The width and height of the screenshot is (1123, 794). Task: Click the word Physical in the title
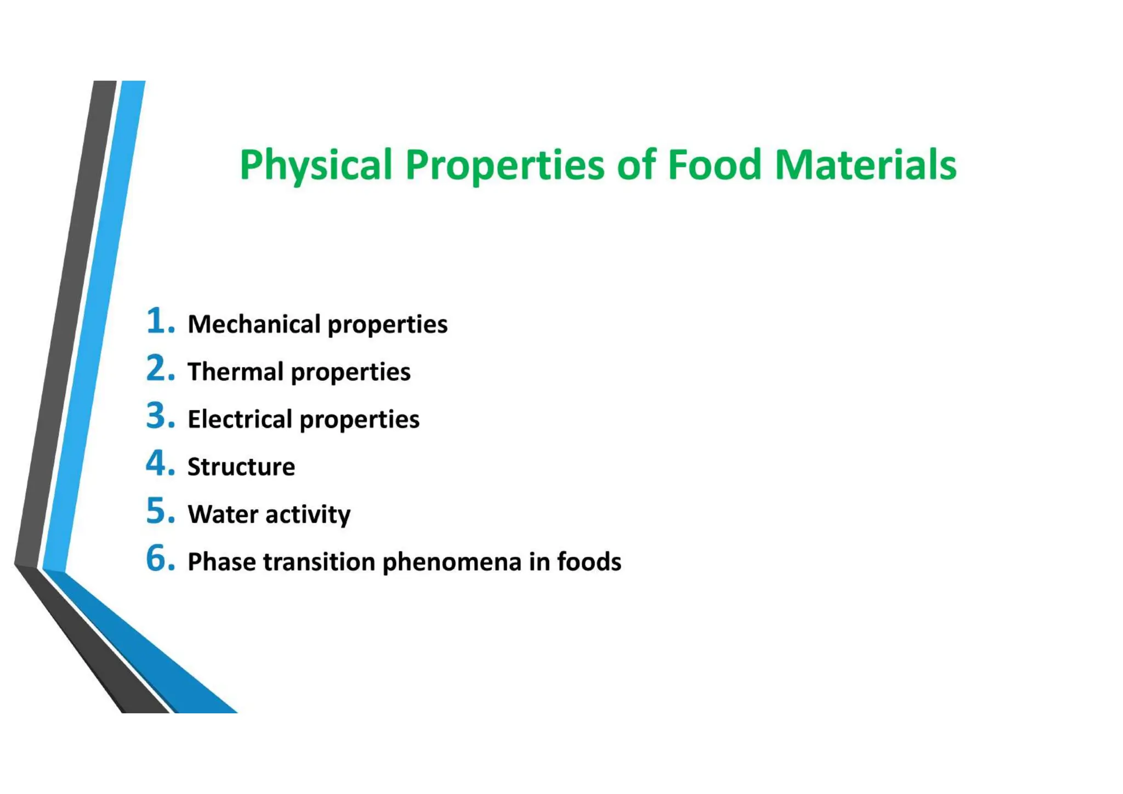316,165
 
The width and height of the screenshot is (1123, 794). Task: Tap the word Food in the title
714,164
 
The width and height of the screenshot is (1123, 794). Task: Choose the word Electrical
240,419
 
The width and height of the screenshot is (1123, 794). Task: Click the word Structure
241,467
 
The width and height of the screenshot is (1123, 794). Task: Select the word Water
223,515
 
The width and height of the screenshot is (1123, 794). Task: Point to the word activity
308,515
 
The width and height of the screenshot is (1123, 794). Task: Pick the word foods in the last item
589,562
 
